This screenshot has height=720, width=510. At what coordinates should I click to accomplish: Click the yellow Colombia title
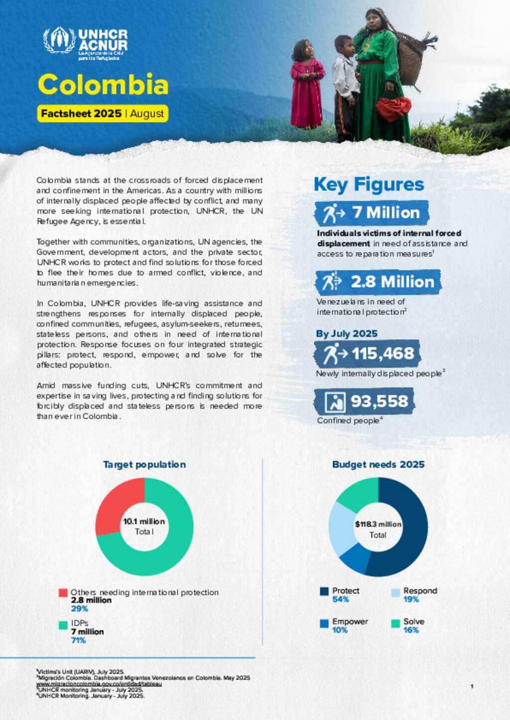[x=103, y=85]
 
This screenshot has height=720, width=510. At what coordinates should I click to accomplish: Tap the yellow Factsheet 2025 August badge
[x=103, y=113]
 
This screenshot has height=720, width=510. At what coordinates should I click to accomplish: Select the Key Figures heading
[x=369, y=185]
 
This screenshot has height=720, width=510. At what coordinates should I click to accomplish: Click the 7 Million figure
[x=385, y=212]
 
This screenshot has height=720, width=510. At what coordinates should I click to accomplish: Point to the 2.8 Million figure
[x=392, y=282]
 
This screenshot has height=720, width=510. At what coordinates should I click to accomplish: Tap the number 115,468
[x=382, y=353]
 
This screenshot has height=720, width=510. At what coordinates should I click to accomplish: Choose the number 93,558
[x=379, y=401]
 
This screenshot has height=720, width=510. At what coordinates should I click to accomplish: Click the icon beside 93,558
[x=335, y=402]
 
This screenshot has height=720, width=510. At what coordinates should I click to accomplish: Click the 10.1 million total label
[x=144, y=521]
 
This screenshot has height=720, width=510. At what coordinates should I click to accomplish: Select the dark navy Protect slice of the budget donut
[x=408, y=537]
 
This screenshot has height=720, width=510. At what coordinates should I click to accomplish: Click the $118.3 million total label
[x=378, y=524]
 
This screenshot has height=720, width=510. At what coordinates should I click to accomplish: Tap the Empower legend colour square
[x=324, y=623]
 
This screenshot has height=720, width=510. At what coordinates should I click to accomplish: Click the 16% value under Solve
[x=411, y=630]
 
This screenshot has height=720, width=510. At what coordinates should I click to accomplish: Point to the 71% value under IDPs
[x=78, y=640]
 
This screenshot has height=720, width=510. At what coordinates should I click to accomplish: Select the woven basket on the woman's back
[x=411, y=57]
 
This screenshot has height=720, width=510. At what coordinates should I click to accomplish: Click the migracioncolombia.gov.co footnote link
[x=99, y=684]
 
